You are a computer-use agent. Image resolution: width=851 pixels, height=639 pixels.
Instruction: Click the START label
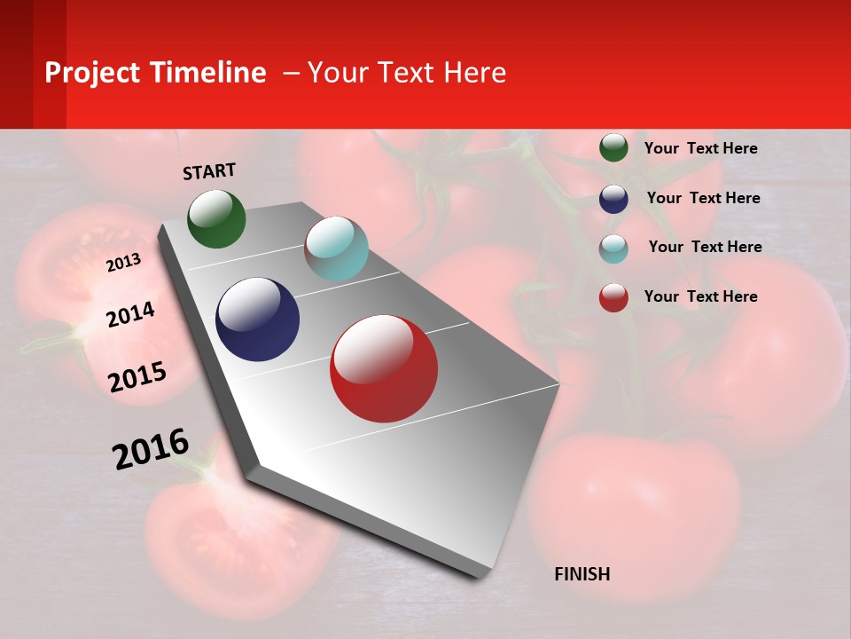click(x=209, y=170)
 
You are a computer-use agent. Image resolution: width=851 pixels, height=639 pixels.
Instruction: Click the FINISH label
click(x=582, y=574)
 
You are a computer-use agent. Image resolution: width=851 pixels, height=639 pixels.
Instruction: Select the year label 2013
click(x=123, y=263)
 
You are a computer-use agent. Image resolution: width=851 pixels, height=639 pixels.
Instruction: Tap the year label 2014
click(x=130, y=314)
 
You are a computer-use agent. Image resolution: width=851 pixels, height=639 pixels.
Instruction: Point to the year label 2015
click(x=137, y=377)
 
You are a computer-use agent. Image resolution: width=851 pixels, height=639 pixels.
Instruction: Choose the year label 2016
click(x=151, y=449)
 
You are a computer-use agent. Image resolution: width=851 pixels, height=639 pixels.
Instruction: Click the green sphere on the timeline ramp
click(x=216, y=218)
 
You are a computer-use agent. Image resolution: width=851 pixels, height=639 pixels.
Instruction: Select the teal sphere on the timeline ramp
click(x=336, y=248)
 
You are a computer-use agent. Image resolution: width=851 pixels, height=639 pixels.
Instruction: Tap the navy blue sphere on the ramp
click(x=257, y=319)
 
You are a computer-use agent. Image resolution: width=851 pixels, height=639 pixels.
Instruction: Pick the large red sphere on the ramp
click(x=383, y=368)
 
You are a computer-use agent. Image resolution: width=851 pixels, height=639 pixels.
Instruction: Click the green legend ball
click(x=613, y=147)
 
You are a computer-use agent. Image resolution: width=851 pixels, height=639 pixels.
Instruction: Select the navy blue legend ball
click(x=613, y=199)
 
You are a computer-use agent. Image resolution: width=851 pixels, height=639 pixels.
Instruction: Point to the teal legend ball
click(x=613, y=248)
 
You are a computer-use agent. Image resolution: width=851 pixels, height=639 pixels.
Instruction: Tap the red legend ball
click(x=613, y=298)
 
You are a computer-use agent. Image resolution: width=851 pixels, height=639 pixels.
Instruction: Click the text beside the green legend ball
click(x=700, y=148)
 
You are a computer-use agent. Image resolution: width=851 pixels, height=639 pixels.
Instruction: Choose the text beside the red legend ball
click(x=700, y=296)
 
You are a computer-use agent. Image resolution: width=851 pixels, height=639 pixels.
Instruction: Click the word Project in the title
click(x=93, y=73)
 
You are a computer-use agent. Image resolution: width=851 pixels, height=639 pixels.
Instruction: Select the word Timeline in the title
click(x=207, y=73)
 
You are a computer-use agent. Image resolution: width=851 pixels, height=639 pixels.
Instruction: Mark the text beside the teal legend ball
click(x=705, y=247)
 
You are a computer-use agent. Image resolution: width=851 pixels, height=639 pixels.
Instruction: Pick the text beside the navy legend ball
click(x=703, y=198)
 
